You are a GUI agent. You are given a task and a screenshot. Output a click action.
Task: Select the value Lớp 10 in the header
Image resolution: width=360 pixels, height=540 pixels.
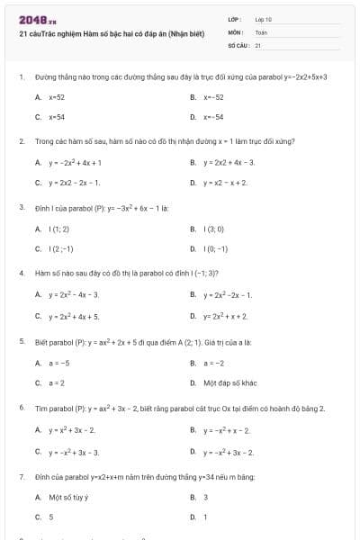click(x=264, y=19)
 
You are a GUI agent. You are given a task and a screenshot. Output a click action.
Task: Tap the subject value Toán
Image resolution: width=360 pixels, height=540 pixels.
click(x=262, y=31)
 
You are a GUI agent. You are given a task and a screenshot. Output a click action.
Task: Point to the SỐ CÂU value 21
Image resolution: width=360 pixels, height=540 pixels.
click(x=258, y=44)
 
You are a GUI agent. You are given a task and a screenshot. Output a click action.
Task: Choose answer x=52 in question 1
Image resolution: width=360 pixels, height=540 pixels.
click(x=56, y=96)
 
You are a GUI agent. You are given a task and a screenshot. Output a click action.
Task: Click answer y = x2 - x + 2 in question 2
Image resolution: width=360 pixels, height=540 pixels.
click(x=226, y=183)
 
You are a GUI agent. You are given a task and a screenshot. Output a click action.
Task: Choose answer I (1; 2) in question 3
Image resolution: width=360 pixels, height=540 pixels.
click(x=61, y=229)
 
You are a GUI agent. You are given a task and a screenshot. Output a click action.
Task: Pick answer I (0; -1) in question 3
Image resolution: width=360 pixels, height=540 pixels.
click(x=215, y=248)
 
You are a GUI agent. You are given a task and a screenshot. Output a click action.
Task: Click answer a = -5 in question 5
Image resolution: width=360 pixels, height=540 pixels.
click(x=58, y=363)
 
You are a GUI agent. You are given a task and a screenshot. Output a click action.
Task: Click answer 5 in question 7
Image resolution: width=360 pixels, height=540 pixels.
click(x=51, y=517)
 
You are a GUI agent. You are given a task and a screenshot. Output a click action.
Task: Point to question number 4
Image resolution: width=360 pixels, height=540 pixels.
click(x=21, y=271)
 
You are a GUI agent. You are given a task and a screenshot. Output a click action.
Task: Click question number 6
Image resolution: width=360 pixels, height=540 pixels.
click(x=21, y=408)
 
